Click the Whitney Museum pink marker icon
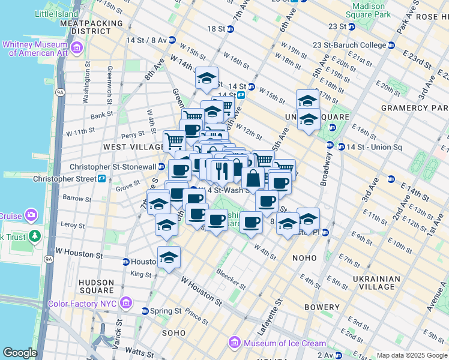76,48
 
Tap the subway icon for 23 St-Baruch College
391,45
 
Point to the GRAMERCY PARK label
414,108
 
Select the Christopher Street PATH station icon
102,179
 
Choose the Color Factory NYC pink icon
125,303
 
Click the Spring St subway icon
145,311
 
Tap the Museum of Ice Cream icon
235,343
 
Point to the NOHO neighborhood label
304,257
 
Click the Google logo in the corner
20,353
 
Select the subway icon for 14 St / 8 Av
172,40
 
